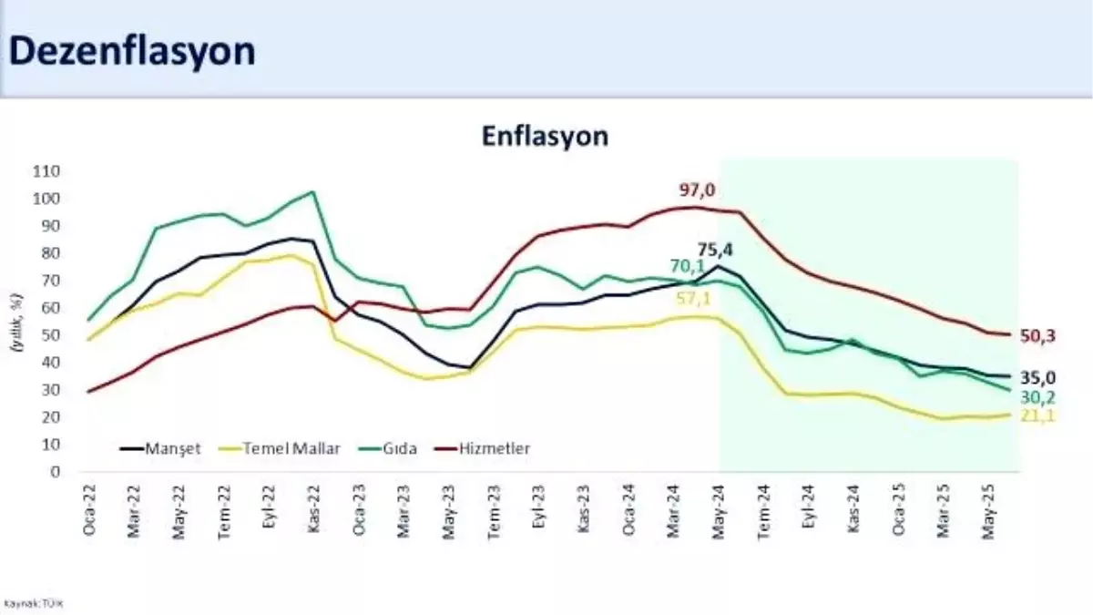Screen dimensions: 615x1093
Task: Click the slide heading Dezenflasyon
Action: [132, 51]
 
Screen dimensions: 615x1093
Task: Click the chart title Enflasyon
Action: [545, 137]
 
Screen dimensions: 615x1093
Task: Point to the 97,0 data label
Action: [698, 190]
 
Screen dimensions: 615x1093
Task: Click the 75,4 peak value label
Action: [716, 249]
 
